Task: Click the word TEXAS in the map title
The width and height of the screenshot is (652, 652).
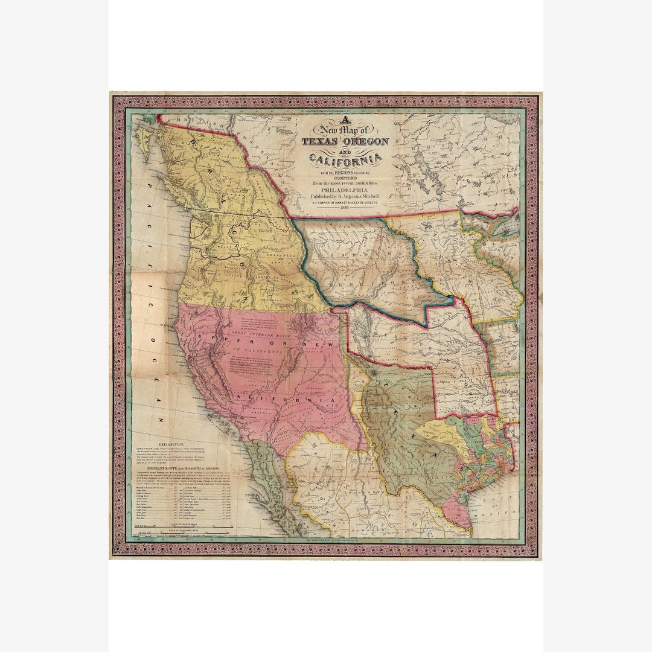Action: [320, 142]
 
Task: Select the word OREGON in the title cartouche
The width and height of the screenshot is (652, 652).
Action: [365, 141]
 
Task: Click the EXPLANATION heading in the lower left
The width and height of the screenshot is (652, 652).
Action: [171, 444]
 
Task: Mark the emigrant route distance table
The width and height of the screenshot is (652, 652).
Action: [181, 505]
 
